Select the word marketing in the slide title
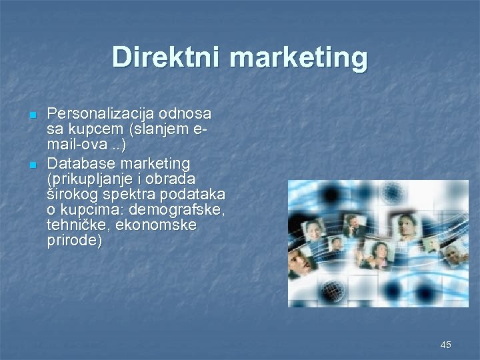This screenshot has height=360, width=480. coord(298,59)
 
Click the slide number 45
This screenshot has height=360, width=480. coord(446,345)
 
